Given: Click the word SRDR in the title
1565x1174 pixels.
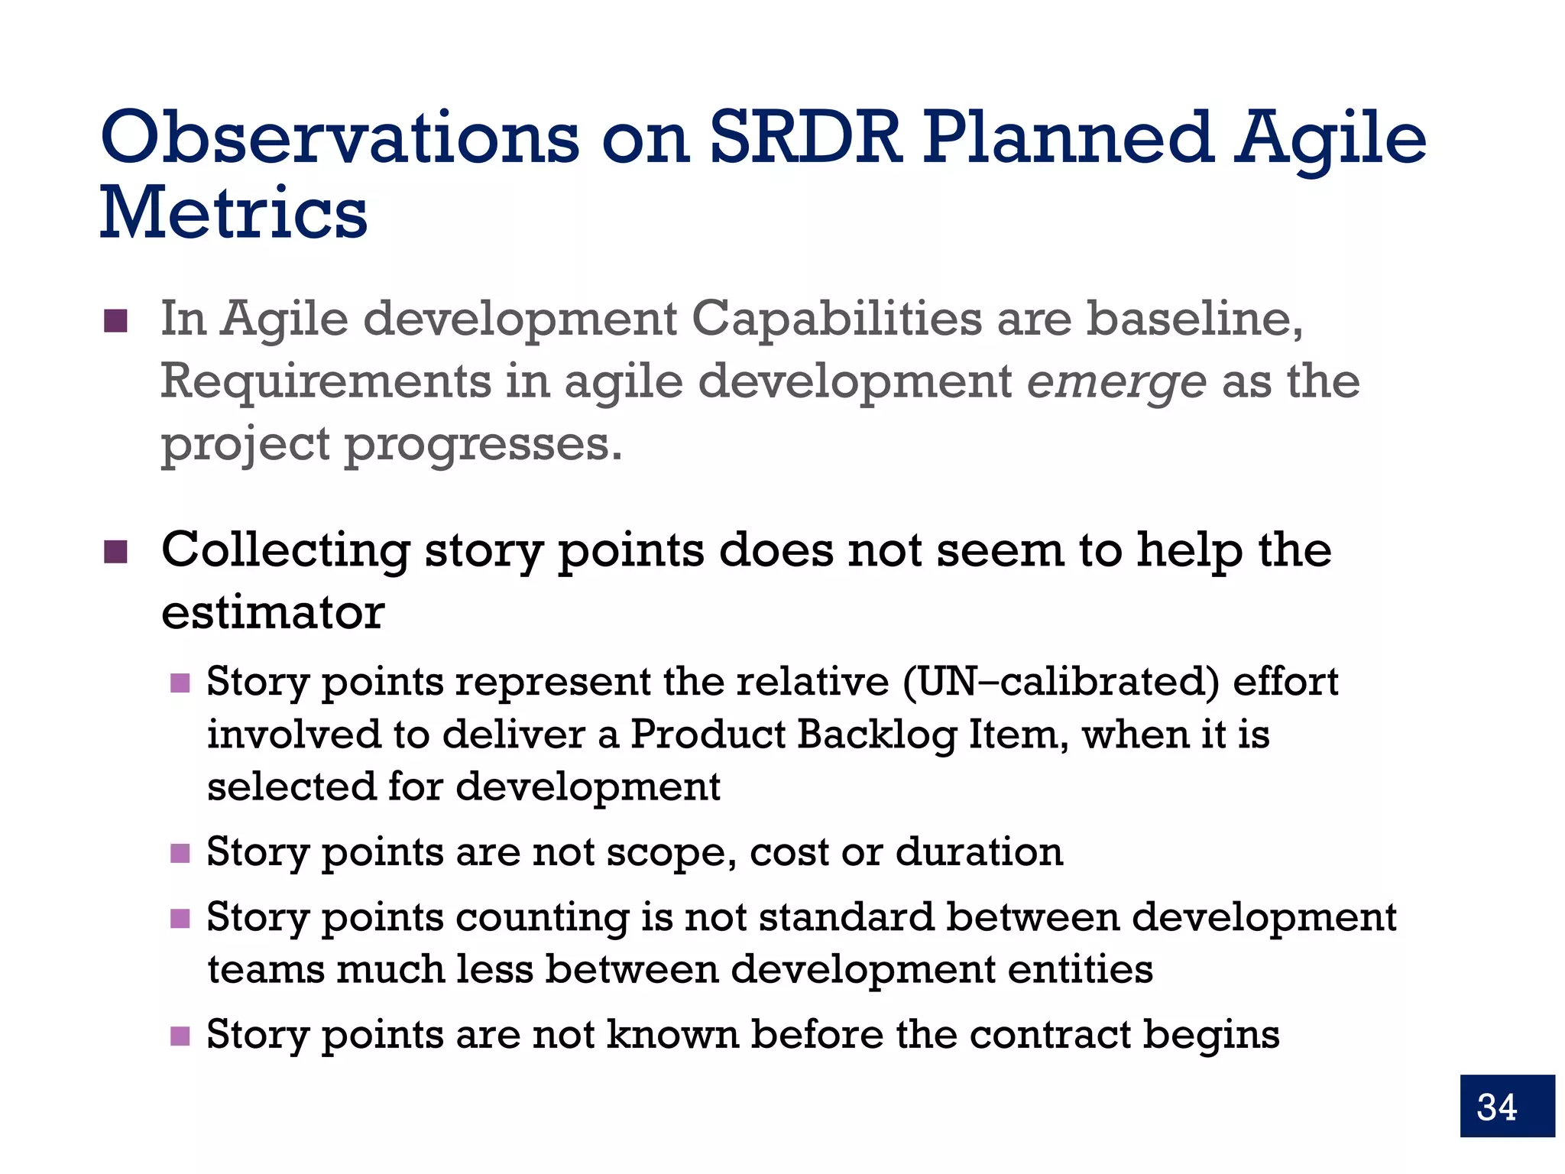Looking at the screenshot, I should (x=806, y=138).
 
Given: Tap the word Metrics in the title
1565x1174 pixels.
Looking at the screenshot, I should (x=234, y=213).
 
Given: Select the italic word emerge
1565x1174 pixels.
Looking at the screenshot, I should (x=1116, y=381).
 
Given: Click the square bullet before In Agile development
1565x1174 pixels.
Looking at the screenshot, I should (x=115, y=321).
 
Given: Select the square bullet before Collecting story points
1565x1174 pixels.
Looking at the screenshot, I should (x=115, y=551).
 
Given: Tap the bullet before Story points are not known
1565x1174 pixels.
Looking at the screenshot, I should (x=180, y=1036).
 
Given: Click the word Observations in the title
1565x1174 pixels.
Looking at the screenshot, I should (x=340, y=138).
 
